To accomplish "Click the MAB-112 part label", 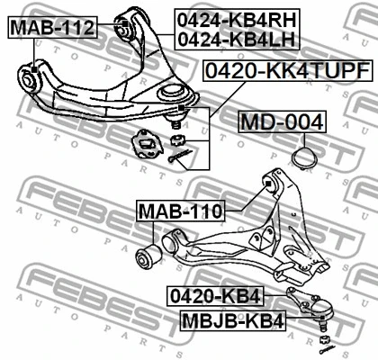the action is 53,28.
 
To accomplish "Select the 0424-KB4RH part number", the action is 237,21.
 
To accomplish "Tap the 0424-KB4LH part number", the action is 237,40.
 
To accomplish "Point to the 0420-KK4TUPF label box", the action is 288,71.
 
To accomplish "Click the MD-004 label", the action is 283,121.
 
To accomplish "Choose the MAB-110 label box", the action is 180,211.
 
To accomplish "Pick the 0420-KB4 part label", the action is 215,296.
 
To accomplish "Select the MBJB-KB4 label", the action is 233,321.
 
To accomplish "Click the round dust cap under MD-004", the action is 304,157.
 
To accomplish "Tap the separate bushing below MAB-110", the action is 148,256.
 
